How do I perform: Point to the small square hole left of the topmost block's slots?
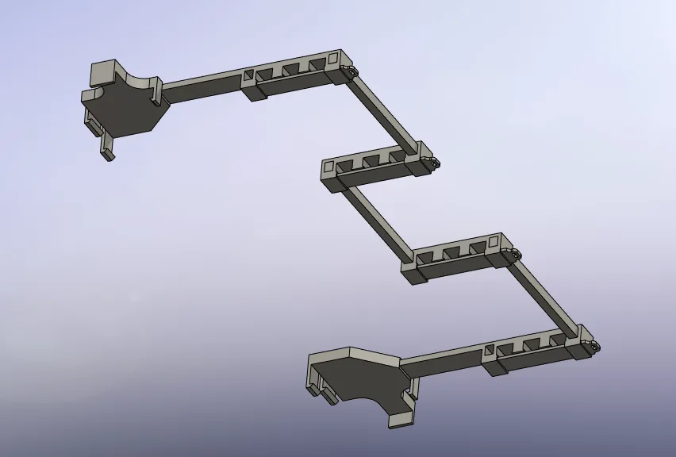pos(248,75)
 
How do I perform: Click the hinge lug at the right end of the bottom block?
pos(593,347)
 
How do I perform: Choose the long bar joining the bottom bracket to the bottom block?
pos(444,360)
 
